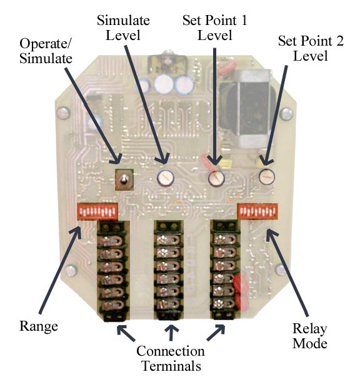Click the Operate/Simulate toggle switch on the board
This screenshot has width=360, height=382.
124,180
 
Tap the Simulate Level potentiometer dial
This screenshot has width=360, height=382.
166,178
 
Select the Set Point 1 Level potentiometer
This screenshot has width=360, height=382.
216,178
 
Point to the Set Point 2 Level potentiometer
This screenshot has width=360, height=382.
267,177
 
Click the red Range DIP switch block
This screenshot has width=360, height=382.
97,212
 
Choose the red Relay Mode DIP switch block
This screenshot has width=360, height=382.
257,211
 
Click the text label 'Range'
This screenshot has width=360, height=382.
39,326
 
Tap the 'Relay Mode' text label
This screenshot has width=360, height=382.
310,336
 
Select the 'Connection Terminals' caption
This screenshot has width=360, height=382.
171,358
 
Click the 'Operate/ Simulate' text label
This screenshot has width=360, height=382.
46,51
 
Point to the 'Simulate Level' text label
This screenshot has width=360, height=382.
123,28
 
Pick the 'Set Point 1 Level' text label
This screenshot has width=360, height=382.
215,28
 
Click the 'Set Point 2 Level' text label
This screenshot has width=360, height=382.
311,48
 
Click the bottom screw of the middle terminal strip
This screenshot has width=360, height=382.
169,304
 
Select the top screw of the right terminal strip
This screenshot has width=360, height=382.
223,240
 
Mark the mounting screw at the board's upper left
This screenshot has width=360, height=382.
64,113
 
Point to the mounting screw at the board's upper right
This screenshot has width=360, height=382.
286,114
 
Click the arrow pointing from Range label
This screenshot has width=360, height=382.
60,269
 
